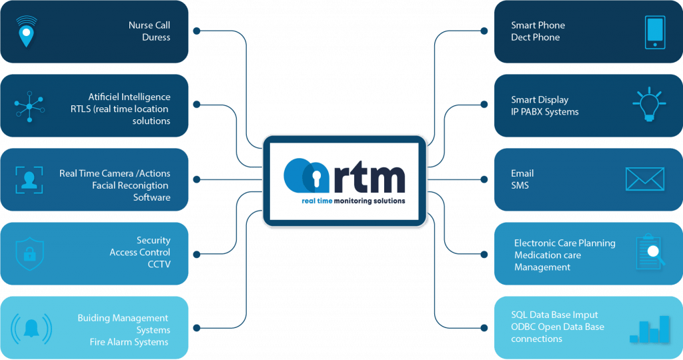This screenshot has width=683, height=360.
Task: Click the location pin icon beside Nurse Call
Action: tap(26, 31)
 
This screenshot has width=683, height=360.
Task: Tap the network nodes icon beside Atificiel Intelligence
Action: tap(29, 105)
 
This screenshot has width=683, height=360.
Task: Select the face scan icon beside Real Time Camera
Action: tap(29, 179)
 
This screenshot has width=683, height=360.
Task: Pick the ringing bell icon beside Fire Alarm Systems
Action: tap(31, 328)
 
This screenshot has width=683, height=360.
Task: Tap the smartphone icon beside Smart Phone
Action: tap(654, 32)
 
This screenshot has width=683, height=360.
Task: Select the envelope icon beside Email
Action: tap(644, 179)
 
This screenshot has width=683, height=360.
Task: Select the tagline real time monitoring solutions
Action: tap(344, 200)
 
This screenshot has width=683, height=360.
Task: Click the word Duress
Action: tap(156, 37)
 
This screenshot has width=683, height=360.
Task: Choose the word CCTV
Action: tap(159, 264)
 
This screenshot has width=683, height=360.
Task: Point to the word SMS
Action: tap(520, 185)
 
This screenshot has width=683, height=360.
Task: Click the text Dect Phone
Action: tap(536, 37)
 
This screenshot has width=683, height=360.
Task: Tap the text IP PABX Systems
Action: tap(545, 112)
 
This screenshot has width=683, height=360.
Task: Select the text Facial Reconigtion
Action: tap(130, 185)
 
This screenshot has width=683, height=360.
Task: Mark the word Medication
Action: tap(538, 255)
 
